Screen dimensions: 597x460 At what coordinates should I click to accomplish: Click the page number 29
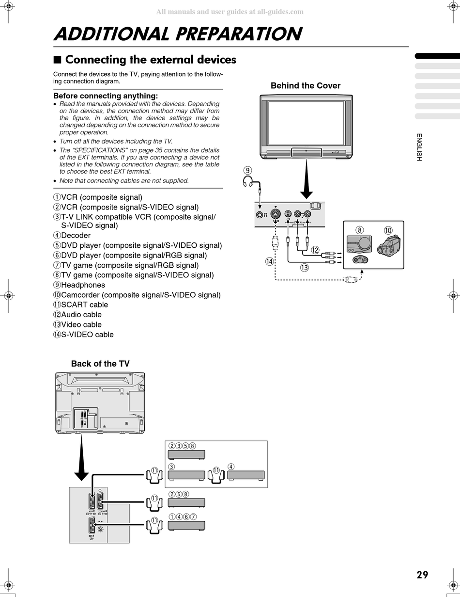[x=422, y=575]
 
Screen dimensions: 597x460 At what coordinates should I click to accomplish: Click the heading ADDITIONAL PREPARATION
[x=178, y=34]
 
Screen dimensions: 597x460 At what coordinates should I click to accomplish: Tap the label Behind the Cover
[x=305, y=86]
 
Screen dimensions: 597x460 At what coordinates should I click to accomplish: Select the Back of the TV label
[x=100, y=364]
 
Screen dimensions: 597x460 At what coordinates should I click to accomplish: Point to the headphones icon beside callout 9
[x=248, y=182]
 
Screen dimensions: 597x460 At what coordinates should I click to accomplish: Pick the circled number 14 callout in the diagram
[x=270, y=261]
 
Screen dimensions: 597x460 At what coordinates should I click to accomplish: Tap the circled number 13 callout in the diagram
[x=304, y=267]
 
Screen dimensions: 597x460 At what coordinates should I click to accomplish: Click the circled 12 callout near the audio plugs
[x=315, y=250]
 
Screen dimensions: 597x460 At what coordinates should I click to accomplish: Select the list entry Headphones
[x=83, y=285]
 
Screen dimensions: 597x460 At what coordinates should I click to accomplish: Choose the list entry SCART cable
[x=84, y=305]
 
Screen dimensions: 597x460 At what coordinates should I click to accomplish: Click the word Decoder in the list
[x=76, y=236]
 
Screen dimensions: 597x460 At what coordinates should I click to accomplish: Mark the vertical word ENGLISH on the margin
[x=419, y=147]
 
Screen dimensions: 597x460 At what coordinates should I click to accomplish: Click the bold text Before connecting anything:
[x=106, y=96]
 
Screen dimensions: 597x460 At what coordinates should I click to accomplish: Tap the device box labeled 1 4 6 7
[x=186, y=525]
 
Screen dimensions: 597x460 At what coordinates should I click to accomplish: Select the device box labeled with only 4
[x=246, y=475]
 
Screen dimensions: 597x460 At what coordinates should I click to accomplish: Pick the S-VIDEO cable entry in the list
[x=87, y=335]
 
